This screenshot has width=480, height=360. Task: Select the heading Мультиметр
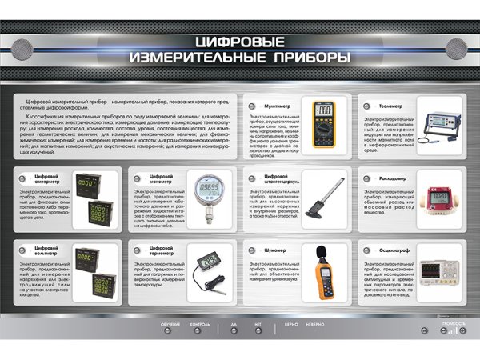277,104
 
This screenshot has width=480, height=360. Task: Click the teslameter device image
438,124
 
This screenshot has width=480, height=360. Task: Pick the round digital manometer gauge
209,195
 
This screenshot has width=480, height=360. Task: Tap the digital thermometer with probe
209,269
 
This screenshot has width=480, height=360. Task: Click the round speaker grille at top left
28,45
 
